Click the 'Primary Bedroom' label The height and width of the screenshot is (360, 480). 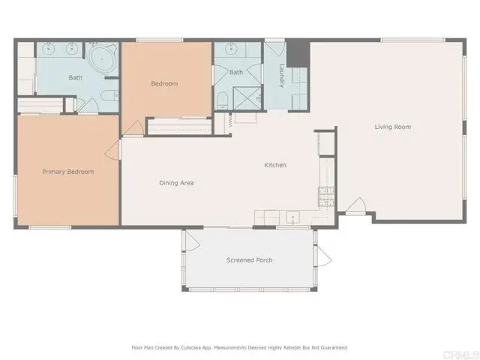pos(68,172)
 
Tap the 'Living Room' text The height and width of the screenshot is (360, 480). pos(393,127)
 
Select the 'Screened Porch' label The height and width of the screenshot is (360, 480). pos(249,260)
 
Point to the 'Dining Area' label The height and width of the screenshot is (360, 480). pos(176,182)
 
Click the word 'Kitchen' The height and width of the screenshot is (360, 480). pos(275,165)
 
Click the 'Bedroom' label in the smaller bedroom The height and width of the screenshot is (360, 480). pos(164,84)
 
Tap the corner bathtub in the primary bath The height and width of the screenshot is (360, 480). pos(99,58)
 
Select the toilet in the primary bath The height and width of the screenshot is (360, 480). pos(106,95)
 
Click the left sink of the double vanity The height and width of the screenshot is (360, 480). pos(49,50)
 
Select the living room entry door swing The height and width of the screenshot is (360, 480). pos(355,205)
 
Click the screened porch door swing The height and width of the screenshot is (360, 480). pos(190,241)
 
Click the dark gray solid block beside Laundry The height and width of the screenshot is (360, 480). pos(298,52)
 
